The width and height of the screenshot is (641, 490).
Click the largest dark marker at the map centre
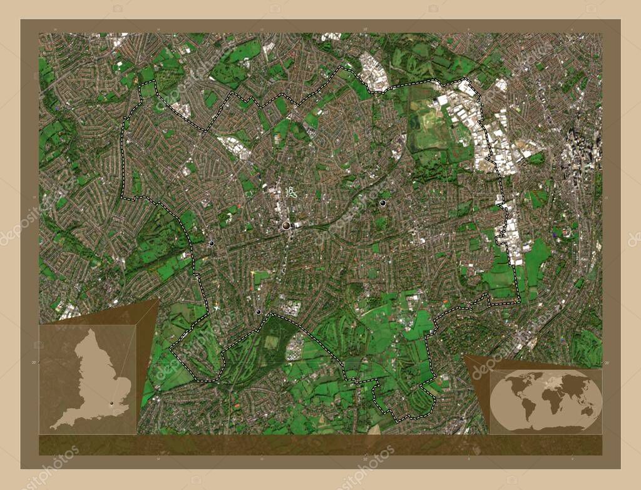pos(287,225)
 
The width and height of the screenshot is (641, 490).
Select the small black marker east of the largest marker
pos(382,203)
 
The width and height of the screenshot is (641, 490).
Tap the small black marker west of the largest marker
pos(212,243)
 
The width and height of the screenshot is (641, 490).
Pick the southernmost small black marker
pos(258,312)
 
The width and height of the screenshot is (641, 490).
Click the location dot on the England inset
pos(113,404)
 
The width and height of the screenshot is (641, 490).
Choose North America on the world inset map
pos(512,383)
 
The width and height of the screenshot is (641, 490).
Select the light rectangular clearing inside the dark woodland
pos(272,342)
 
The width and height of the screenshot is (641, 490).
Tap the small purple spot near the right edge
pos(555,233)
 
